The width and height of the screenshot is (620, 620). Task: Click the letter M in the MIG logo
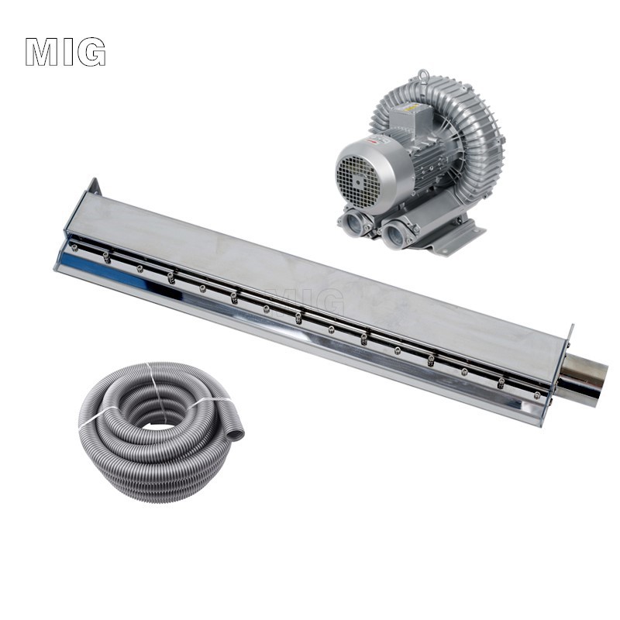click(42, 52)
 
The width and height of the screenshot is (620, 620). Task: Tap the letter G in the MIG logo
click(91, 52)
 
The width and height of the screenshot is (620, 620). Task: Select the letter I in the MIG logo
click(67, 52)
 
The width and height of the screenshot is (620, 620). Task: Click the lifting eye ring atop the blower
click(424, 74)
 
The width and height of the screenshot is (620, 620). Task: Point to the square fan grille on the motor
click(358, 181)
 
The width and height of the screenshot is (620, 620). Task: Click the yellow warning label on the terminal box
click(413, 108)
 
